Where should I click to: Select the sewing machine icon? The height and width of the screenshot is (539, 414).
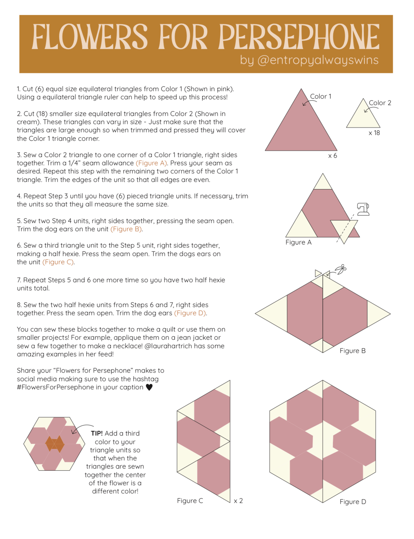click(363, 209)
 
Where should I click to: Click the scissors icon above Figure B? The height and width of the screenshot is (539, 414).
click(340, 269)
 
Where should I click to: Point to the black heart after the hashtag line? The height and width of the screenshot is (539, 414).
click(149, 387)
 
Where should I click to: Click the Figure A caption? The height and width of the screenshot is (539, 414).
click(298, 242)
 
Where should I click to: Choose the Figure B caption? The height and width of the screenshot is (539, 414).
click(353, 351)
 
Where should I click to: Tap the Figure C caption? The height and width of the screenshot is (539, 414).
click(190, 501)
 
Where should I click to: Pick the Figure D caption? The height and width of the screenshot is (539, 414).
click(353, 502)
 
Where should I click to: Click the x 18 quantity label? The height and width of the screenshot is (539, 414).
click(374, 133)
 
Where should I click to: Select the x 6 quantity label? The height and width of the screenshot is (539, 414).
click(332, 156)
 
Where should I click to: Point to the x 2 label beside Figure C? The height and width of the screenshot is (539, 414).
click(238, 501)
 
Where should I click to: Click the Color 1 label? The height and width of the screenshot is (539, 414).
click(321, 97)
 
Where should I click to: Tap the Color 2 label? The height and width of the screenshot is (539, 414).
click(380, 103)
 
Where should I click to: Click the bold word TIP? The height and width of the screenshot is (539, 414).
click(97, 433)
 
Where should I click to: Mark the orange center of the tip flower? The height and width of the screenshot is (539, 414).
click(54, 443)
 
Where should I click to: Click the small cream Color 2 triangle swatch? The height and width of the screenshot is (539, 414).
click(363, 117)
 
